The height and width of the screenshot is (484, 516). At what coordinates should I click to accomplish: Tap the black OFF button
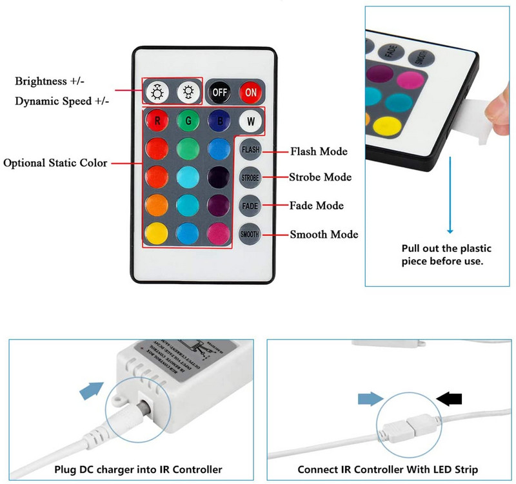[219, 93]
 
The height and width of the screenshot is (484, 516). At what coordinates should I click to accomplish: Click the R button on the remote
[157, 120]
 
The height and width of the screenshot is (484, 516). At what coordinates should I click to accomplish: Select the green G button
[188, 120]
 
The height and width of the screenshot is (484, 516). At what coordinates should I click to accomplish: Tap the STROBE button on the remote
[250, 177]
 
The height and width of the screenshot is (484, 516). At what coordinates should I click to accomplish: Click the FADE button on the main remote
[250, 206]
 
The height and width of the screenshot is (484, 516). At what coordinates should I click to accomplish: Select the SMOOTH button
[250, 235]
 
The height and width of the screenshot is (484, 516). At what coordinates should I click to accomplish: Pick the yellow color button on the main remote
[157, 233]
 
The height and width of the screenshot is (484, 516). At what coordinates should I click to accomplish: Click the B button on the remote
[219, 120]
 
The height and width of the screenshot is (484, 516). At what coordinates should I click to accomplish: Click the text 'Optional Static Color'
[55, 163]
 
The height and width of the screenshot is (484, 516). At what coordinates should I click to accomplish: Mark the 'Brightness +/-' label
[50, 81]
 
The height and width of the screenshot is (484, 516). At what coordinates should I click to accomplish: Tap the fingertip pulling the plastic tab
[499, 103]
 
